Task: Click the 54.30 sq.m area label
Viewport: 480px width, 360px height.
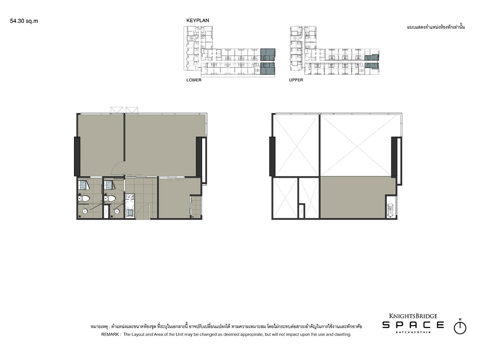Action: tap(24, 21)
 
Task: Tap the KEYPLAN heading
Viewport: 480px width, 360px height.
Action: tap(198, 20)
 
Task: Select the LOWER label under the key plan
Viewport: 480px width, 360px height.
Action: tap(194, 80)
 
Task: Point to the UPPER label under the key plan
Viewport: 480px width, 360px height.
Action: tap(296, 80)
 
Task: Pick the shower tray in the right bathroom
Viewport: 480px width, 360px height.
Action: tap(109, 185)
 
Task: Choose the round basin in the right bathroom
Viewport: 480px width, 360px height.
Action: tap(117, 211)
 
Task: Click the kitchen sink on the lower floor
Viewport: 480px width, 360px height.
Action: tap(130, 213)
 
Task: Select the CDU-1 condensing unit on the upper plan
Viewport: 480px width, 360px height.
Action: tap(391, 210)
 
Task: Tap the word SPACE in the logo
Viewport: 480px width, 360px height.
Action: tap(413, 325)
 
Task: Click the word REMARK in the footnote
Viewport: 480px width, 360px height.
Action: tap(110, 334)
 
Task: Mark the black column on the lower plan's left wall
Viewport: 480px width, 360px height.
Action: tap(77, 156)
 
